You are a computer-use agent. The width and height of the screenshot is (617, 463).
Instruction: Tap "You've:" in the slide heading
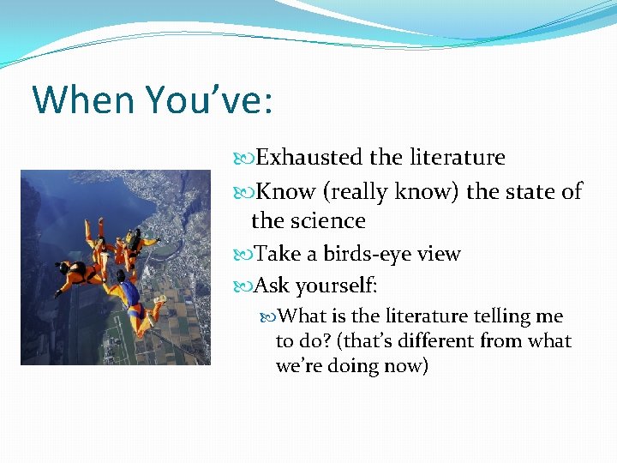pos(208,99)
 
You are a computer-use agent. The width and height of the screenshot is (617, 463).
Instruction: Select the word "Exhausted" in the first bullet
pos(310,158)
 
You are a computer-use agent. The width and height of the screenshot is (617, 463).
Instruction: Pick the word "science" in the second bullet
pos(330,220)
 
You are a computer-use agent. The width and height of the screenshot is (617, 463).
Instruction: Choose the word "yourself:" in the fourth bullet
pos(337,285)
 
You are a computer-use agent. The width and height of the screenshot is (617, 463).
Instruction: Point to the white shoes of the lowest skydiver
pos(159,300)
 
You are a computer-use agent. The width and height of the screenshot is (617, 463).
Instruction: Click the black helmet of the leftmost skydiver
pos(66,268)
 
